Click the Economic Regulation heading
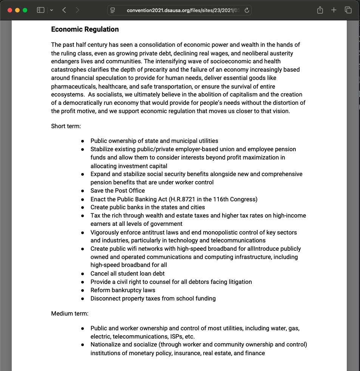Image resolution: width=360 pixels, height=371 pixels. point(85,29)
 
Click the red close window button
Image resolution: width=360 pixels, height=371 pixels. point(10,10)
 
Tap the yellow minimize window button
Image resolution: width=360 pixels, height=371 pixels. point(17,10)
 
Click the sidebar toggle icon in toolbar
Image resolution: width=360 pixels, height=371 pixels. point(41,10)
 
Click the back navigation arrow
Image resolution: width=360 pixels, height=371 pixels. point(64,10)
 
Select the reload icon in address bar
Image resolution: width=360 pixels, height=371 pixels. point(247,11)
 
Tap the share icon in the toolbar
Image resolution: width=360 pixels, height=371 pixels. point(320,10)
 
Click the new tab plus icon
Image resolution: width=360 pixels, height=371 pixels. point(334,10)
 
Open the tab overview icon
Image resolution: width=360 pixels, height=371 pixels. point(348,10)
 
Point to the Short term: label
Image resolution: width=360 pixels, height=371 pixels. point(66,126)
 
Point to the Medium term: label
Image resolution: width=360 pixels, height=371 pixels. point(70,313)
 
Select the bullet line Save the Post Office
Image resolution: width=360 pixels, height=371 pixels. point(117,191)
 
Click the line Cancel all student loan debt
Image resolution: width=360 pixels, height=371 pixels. point(127,274)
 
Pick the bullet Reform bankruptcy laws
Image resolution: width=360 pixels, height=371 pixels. point(123,290)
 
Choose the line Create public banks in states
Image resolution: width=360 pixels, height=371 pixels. point(148,207)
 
